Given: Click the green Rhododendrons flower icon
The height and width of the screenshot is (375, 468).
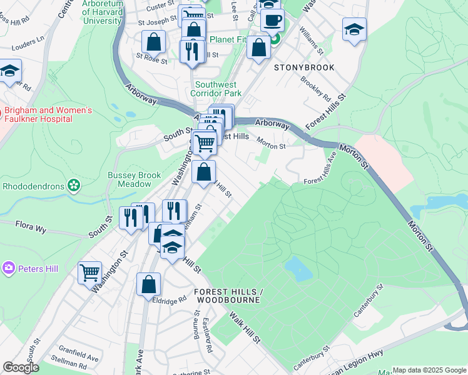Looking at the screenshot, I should [x=74, y=185].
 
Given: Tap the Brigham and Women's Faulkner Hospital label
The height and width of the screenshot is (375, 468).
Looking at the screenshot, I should [x=49, y=115].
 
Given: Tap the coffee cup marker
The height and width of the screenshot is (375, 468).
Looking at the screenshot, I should [x=272, y=20].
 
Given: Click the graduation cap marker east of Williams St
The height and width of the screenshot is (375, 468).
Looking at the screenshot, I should [x=354, y=29].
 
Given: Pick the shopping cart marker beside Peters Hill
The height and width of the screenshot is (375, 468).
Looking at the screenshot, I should [x=89, y=272].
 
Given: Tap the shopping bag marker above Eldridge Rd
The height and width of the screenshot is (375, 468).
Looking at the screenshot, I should [x=148, y=284].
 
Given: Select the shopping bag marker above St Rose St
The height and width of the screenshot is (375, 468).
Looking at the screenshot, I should [x=153, y=42].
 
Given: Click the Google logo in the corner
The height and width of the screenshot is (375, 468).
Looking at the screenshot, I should [x=21, y=367].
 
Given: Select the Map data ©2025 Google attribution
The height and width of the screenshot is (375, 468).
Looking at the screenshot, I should [x=429, y=370].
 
